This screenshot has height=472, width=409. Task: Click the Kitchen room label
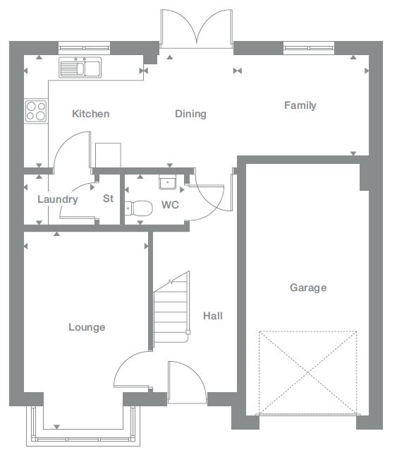coord(92,114)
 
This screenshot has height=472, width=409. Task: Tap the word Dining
coord(190,114)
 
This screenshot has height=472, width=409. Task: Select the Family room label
coord(300,105)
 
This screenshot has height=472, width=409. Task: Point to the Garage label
coord(308,288)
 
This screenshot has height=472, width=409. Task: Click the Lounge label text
coord(87,327)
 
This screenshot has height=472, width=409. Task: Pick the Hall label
coord(212,316)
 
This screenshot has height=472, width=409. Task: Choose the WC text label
coord(170,206)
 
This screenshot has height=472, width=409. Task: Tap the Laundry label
coord(57,199)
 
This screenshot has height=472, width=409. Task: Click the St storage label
coord(108,199)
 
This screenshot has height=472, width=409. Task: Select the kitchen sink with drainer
coord(80,69)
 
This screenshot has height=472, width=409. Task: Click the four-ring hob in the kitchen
coord(36,110)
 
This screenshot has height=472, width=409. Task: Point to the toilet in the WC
coord(138,208)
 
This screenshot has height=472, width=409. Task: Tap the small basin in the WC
coord(166,182)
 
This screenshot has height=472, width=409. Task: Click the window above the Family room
coord(309,48)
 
